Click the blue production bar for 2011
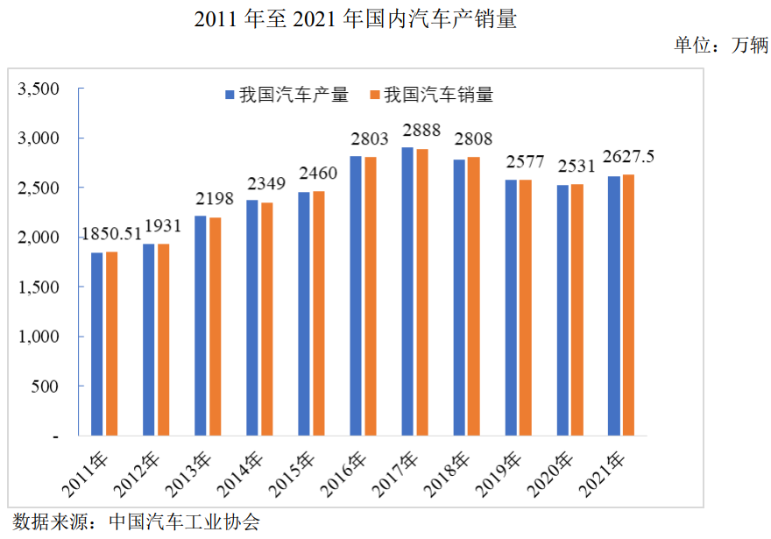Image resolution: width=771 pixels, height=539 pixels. (x=97, y=344)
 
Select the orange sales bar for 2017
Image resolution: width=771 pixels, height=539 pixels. (x=422, y=292)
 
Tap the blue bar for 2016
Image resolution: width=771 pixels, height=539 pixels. (x=356, y=295)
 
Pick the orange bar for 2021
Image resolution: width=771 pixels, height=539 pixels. (x=628, y=304)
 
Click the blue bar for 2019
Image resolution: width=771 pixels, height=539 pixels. (x=511, y=307)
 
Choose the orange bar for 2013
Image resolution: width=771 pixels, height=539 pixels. (x=216, y=326)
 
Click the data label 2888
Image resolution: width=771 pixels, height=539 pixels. (x=421, y=131)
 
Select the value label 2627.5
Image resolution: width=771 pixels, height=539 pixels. (x=628, y=157)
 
